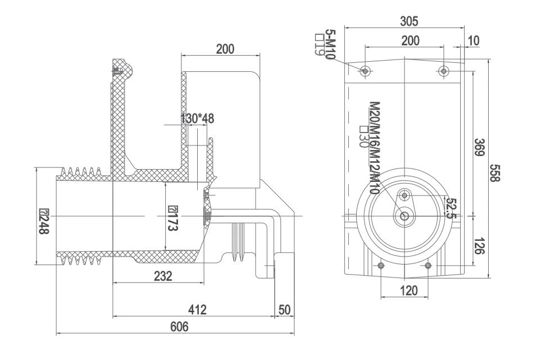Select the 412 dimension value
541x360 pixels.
click(197, 309)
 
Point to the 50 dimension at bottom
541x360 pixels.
click(284, 309)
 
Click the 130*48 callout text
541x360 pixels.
click(197, 119)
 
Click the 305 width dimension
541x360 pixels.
click(408, 21)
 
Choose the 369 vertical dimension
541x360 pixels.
click(479, 147)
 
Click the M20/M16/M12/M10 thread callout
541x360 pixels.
click(373, 147)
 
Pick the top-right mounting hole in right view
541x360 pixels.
click(444, 71)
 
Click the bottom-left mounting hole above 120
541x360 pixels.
click(381, 266)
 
